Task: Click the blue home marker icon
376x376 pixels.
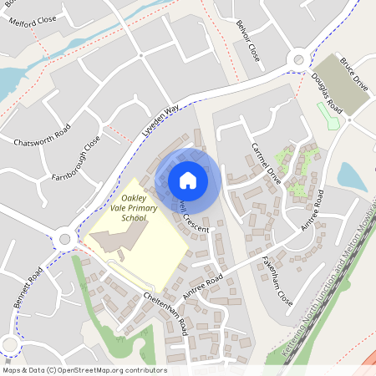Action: tap(188, 180)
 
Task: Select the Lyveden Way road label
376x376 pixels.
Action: tap(160, 120)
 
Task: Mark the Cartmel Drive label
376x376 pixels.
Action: tap(267, 162)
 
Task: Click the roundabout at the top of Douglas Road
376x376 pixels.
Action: tap(298, 59)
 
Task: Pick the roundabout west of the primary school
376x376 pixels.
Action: tap(64, 241)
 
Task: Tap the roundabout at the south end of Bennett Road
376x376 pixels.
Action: tap(8, 343)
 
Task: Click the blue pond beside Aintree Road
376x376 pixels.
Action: tap(351, 176)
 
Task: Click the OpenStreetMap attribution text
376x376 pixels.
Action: tap(84, 370)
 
